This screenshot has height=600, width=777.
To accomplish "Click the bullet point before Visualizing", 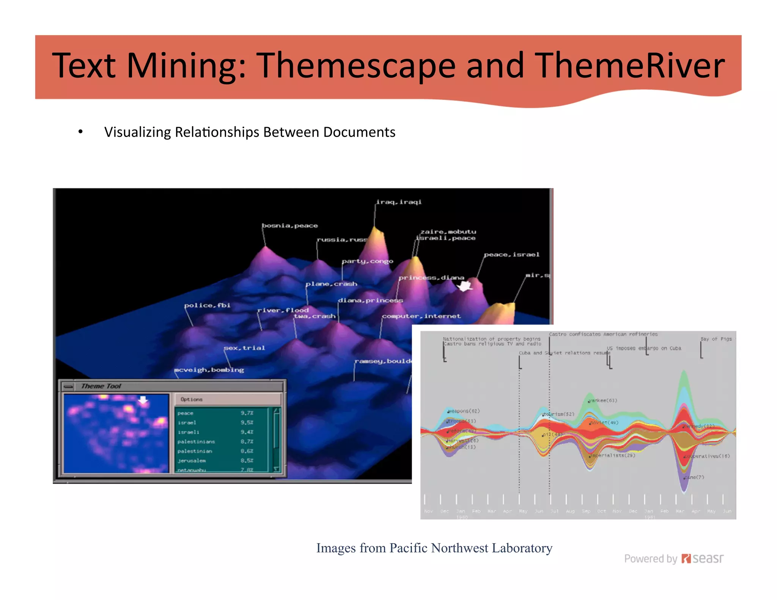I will pyautogui.click(x=80, y=132).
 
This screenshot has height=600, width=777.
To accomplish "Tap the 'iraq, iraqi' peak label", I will pyautogui.click(x=399, y=202).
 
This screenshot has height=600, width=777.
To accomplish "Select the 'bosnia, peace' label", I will pyautogui.click(x=290, y=226).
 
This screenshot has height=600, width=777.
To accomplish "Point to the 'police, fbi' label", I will pyautogui.click(x=207, y=305).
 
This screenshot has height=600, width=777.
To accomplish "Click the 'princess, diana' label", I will pyautogui.click(x=431, y=278).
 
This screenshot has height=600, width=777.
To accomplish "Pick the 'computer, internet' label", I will pyautogui.click(x=421, y=316).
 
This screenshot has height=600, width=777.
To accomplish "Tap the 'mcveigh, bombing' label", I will pyautogui.click(x=209, y=370).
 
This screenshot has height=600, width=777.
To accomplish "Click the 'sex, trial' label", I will pyautogui.click(x=244, y=348).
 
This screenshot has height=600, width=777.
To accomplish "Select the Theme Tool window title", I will pyautogui.click(x=101, y=386).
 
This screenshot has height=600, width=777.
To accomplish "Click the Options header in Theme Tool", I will pyautogui.click(x=192, y=399).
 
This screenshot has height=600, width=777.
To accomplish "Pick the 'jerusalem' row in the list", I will pyautogui.click(x=192, y=460).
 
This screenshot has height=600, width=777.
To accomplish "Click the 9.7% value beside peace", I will pyautogui.click(x=247, y=413).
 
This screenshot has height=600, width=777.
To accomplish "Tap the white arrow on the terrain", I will pyautogui.click(x=465, y=286).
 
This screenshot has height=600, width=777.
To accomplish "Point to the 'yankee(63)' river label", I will pyautogui.click(x=603, y=401).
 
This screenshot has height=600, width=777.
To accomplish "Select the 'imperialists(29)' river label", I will pyautogui.click(x=613, y=455).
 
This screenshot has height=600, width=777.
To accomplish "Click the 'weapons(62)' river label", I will pyautogui.click(x=464, y=411).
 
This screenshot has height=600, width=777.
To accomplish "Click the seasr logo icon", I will pyautogui.click(x=686, y=559).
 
